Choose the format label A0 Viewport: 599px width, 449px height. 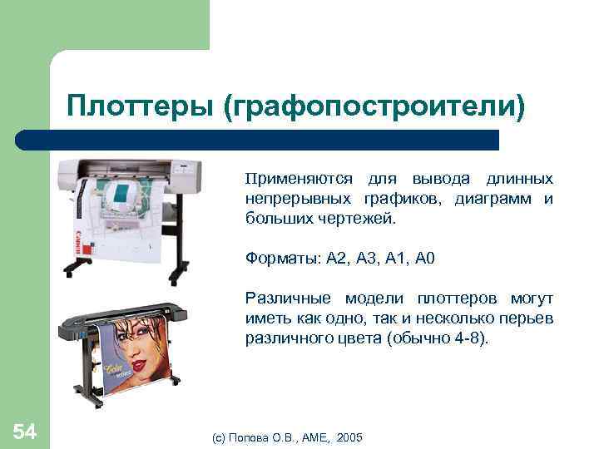pyautogui.click(x=424, y=259)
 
